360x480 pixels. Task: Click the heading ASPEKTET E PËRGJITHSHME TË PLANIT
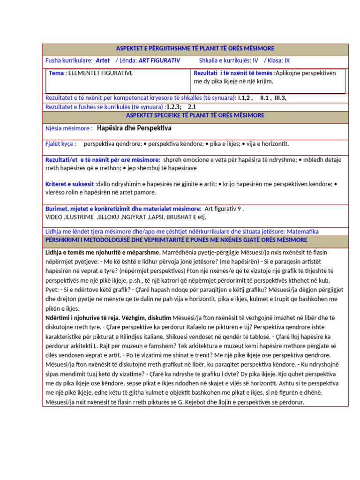[195, 49]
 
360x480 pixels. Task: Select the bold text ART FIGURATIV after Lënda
[159, 60]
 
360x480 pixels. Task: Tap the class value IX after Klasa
[287, 60]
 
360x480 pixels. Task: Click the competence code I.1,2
[245, 98]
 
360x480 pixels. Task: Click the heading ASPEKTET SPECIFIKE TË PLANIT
[195, 115]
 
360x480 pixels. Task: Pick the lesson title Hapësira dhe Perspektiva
[134, 128]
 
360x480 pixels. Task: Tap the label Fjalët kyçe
[60, 144]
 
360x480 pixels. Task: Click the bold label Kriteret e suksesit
[70, 184]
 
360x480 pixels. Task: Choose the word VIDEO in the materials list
[54, 217]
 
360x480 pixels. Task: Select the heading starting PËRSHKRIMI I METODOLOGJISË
[176, 240]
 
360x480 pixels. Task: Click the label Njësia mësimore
[68, 128]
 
